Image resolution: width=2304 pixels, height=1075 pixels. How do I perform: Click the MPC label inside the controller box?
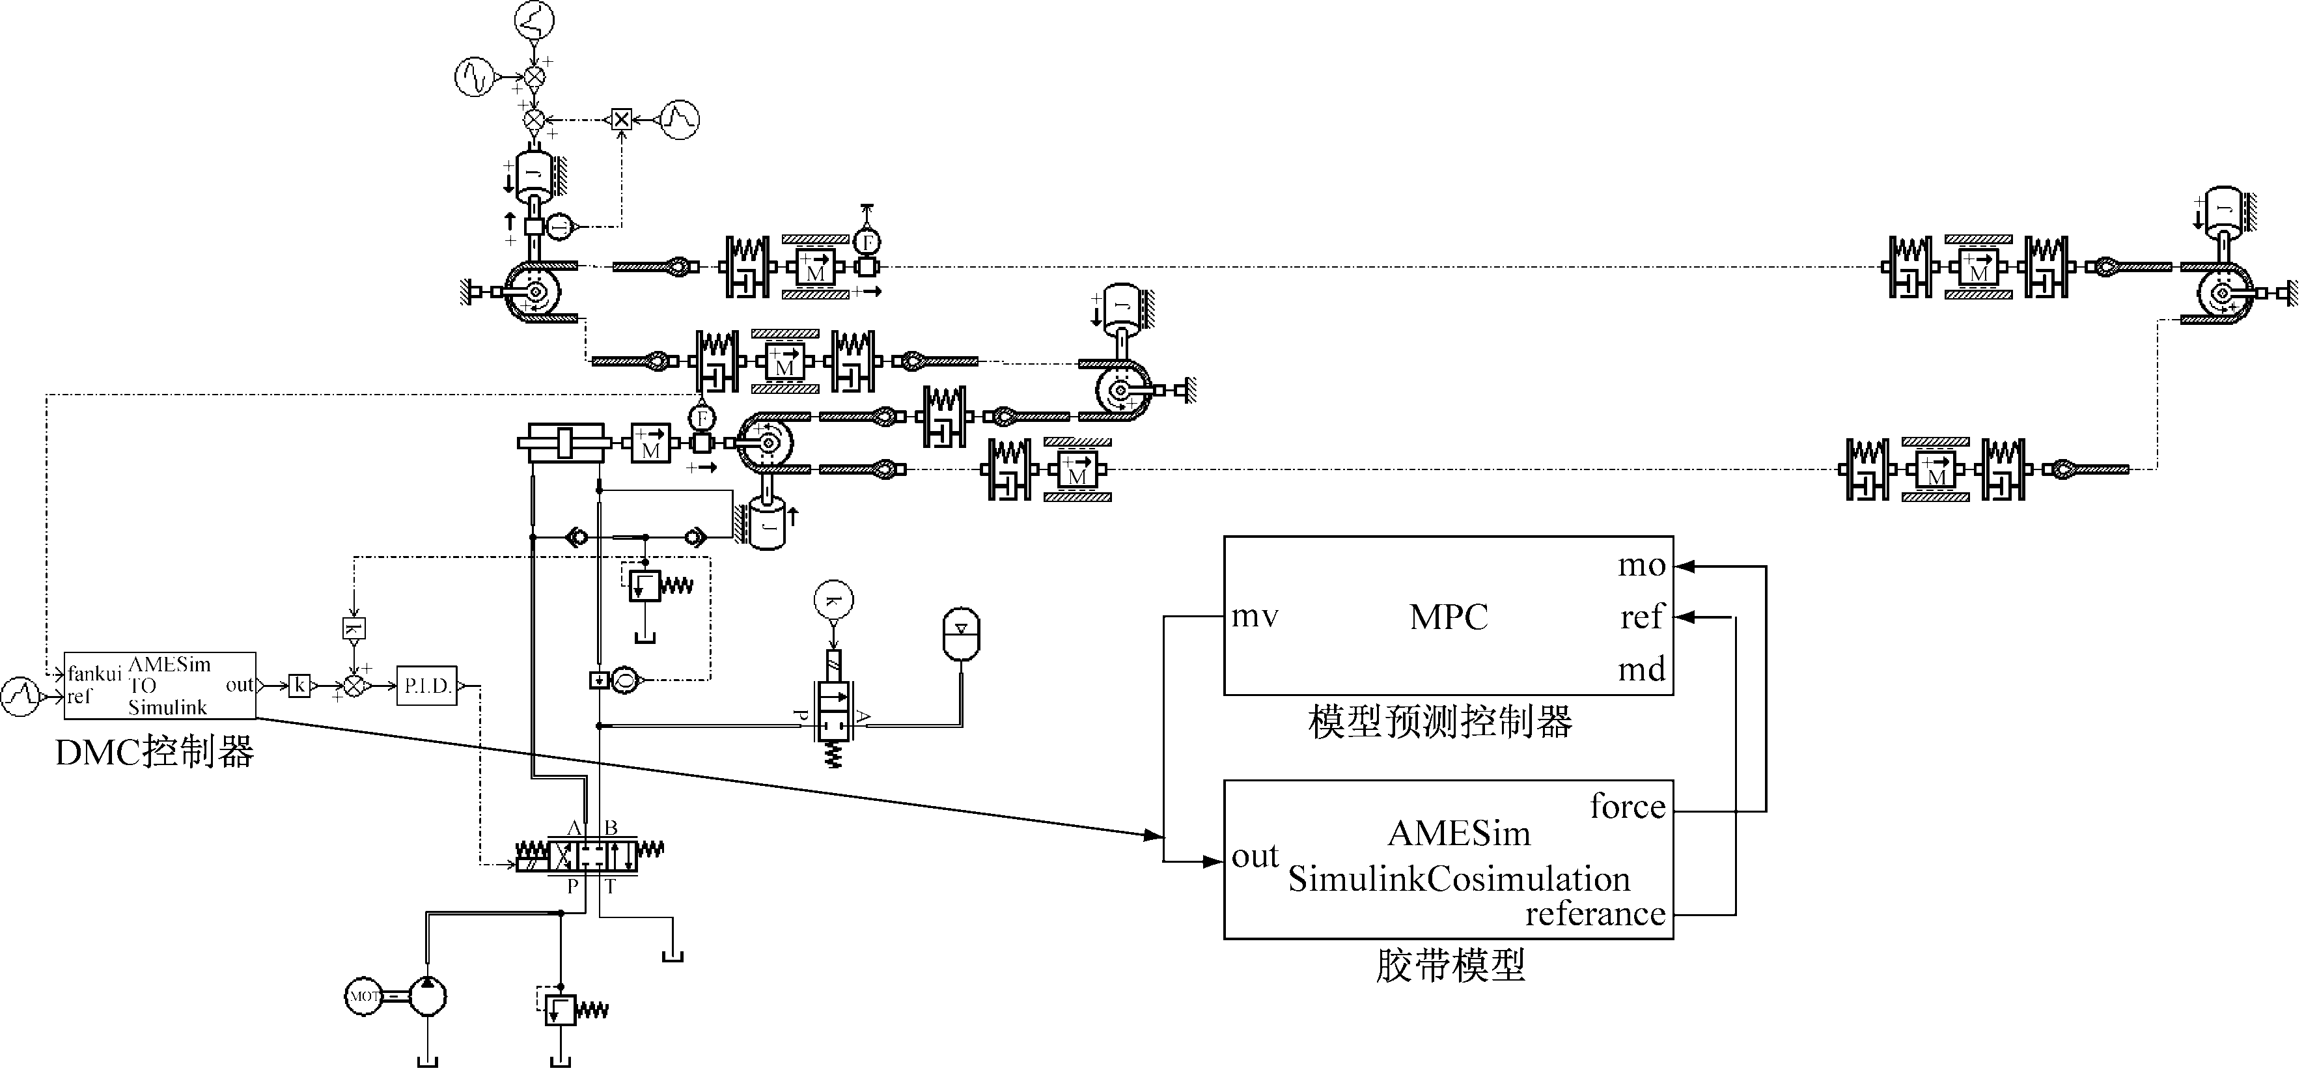1448,617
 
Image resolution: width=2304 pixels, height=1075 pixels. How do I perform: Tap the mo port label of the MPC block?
1641,566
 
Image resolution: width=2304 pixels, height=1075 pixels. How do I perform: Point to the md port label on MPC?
1641,669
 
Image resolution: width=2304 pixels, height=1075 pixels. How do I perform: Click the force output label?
1627,807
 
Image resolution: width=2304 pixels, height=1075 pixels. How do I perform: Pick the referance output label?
1595,914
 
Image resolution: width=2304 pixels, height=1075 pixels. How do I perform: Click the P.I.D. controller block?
426,686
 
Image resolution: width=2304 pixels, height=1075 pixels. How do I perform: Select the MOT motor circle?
364,996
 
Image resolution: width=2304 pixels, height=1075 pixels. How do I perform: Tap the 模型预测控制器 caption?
1439,721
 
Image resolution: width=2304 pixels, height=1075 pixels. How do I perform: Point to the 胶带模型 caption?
1450,966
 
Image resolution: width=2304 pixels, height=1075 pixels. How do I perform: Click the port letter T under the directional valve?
610,887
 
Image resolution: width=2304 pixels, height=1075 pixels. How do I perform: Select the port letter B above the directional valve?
611,828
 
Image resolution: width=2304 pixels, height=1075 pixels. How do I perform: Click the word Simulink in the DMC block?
167,707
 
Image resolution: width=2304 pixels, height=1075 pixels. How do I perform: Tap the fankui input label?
94,673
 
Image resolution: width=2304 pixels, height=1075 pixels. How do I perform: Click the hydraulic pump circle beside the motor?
426,996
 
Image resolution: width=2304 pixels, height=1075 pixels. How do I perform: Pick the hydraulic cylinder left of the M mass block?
564,443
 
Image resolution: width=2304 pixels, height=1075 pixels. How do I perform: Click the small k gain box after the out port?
299,686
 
